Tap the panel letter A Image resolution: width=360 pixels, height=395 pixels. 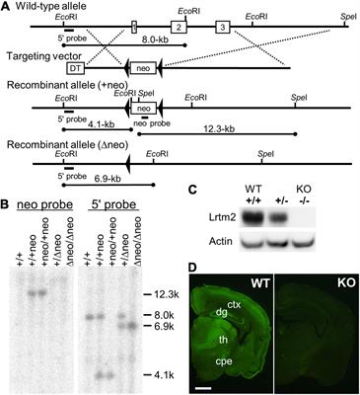pos(7,7)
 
